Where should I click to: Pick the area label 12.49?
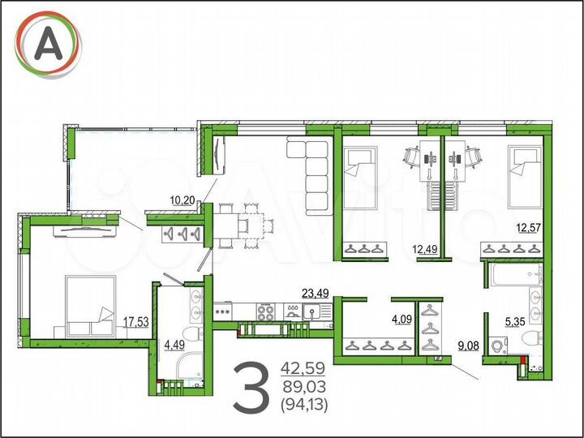pyautogui.click(x=425, y=248)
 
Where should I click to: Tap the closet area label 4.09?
pyautogui.click(x=402, y=319)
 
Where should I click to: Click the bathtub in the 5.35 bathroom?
pyautogui.click(x=503, y=275)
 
